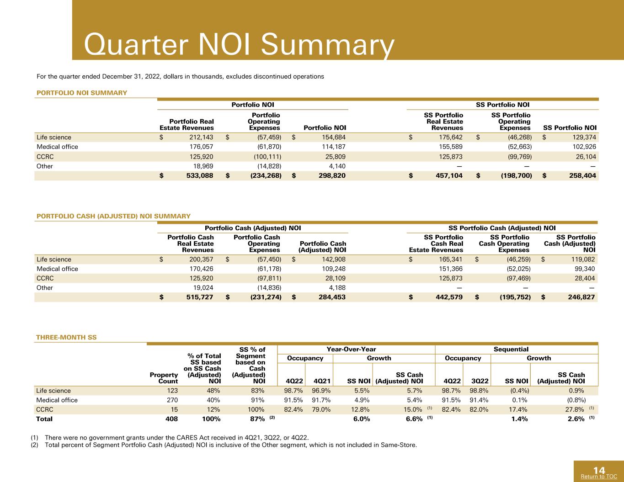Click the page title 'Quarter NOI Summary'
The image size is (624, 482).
coord(239,44)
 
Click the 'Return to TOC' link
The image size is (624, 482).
coord(599,477)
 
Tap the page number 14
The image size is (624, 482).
coord(599,471)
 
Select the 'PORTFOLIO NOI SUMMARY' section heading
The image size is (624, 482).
coord(82,93)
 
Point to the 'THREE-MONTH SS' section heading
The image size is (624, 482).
coord(66,337)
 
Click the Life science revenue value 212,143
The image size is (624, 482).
coord(201,138)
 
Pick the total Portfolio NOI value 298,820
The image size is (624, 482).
coord(332,175)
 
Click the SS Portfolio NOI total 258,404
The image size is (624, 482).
coord(583,175)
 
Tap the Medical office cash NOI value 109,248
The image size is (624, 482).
coord(334,269)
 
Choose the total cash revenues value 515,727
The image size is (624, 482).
coord(200,297)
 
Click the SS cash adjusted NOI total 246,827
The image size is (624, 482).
coord(581,297)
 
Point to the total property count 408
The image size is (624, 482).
coord(171,419)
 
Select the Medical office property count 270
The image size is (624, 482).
coord(172,400)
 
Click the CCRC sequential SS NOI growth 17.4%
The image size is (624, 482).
coord(518,409)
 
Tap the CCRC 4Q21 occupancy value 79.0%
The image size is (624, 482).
coord(321,409)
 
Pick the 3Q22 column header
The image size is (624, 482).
coord(480,381)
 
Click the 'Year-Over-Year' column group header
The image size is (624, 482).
coord(351,349)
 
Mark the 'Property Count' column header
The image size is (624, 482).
coord(164,378)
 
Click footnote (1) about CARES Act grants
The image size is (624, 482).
coord(170,438)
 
